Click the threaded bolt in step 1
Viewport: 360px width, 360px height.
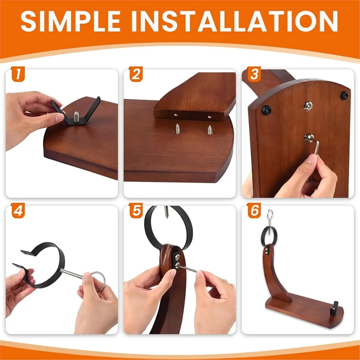[x=76, y=117]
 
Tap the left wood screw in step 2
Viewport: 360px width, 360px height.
[x=176, y=129]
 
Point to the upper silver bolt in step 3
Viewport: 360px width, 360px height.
[x=308, y=106]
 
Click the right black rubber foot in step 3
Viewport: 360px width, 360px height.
[x=344, y=95]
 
